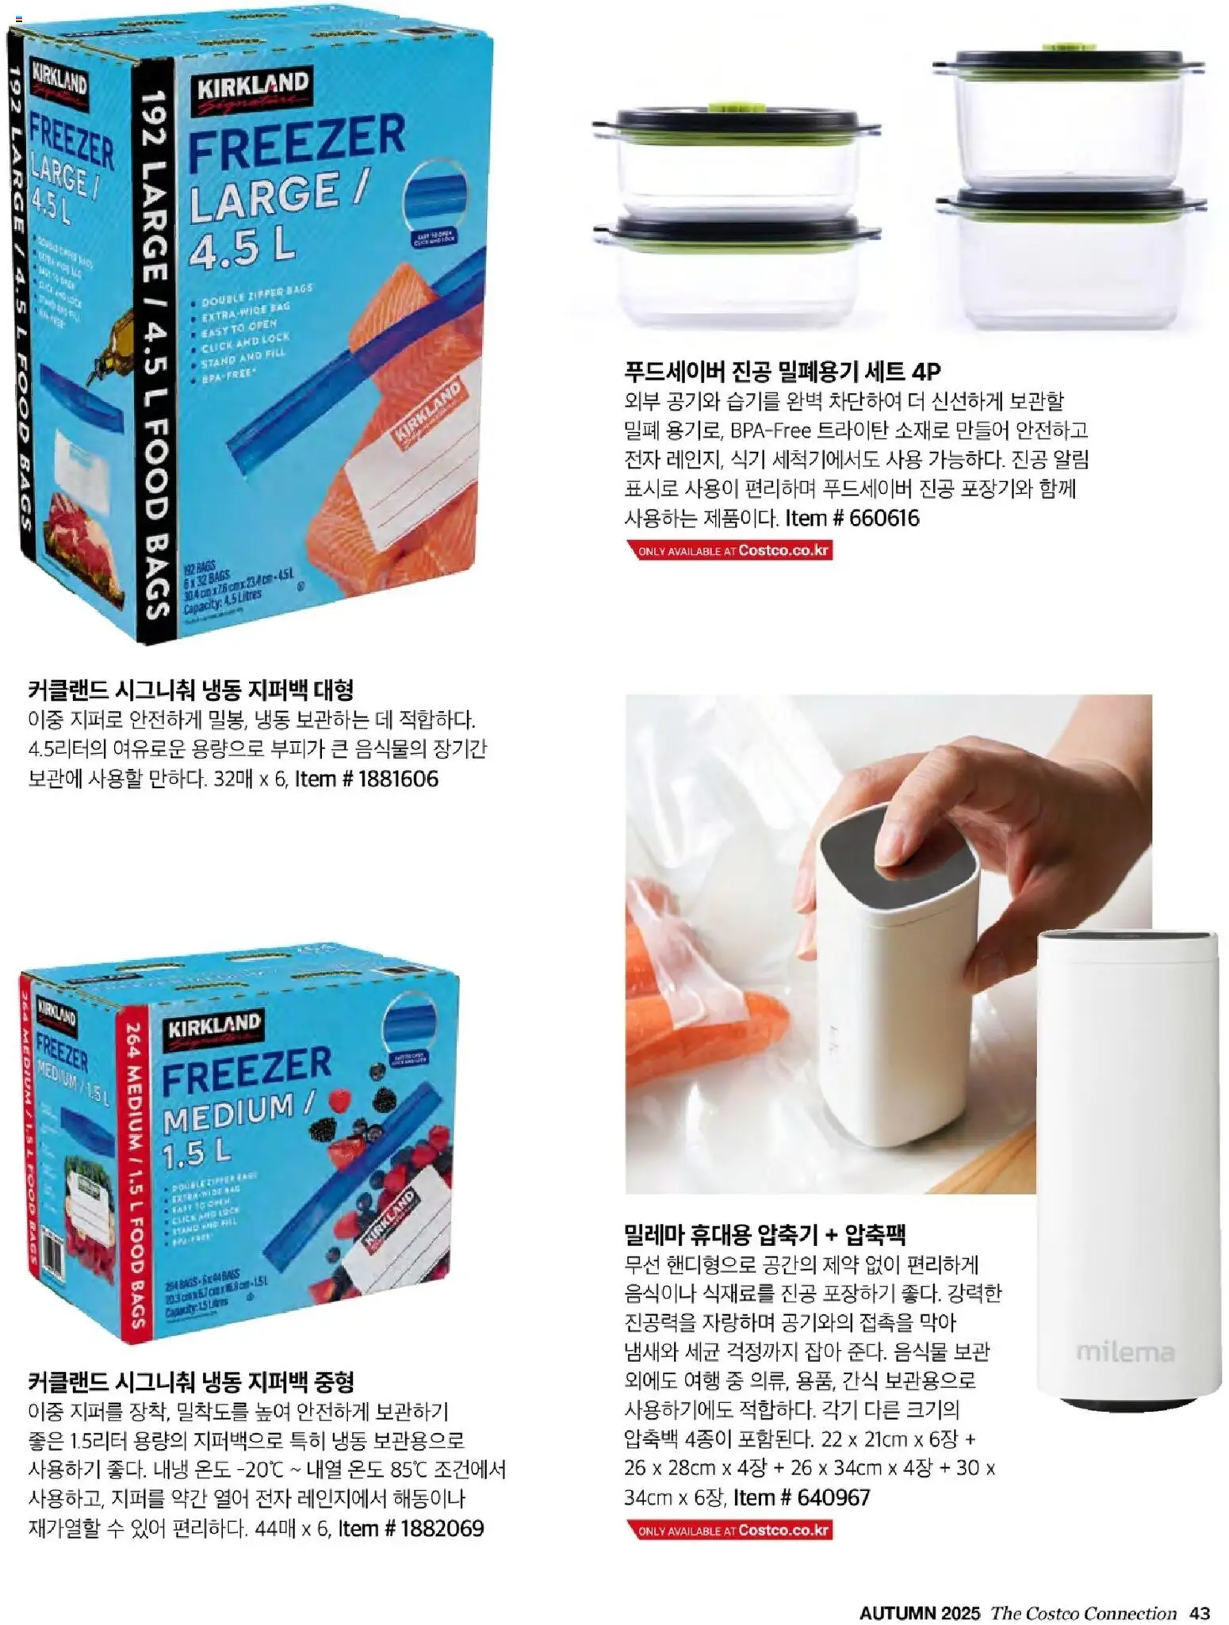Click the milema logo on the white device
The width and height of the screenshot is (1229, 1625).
pyautogui.click(x=1125, y=1352)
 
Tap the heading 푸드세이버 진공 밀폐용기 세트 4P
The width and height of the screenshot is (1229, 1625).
pyautogui.click(x=783, y=371)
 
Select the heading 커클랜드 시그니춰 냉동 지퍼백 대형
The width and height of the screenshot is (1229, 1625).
pyautogui.click(x=190, y=690)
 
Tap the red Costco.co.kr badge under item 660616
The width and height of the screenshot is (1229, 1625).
pyautogui.click(x=729, y=550)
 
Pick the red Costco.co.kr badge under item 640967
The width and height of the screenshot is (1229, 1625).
pyautogui.click(x=729, y=1531)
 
